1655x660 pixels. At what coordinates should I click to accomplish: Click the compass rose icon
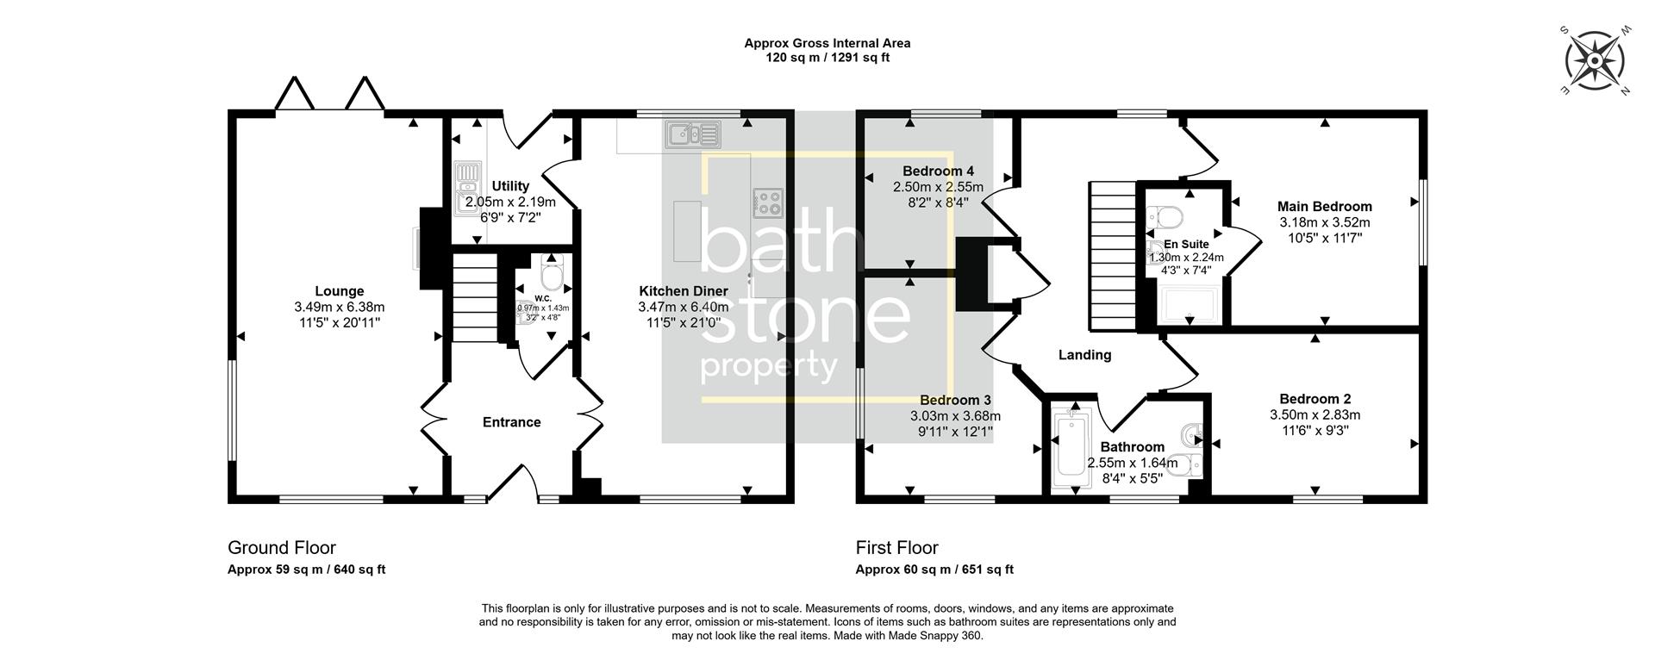coord(1595,61)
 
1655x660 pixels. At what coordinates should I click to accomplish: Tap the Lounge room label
coord(339,291)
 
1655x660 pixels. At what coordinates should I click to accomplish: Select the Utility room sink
coord(466,187)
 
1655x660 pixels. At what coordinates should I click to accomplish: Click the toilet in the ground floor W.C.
coord(550,275)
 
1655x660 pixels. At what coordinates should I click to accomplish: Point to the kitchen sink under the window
coord(692,134)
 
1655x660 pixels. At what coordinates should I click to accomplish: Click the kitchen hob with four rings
coord(769,202)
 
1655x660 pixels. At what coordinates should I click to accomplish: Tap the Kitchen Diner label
coord(683,291)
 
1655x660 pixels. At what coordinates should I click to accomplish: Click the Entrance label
coord(511,422)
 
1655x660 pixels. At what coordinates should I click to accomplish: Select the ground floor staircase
coord(474,297)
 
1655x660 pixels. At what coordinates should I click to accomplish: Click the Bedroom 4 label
coord(938,171)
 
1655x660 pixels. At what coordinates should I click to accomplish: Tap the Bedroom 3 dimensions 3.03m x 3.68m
coord(955,416)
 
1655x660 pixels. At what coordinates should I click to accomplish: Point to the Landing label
coord(1084,355)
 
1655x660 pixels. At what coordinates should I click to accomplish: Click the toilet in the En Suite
coord(1170,215)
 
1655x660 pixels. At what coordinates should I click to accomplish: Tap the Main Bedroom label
coord(1324,207)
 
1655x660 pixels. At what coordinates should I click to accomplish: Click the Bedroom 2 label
coord(1315,399)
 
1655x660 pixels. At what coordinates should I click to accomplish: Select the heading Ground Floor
coord(281,548)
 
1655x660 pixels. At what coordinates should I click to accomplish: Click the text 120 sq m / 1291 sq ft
coord(827,58)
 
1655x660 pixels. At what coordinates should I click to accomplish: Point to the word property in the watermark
coord(769,367)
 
